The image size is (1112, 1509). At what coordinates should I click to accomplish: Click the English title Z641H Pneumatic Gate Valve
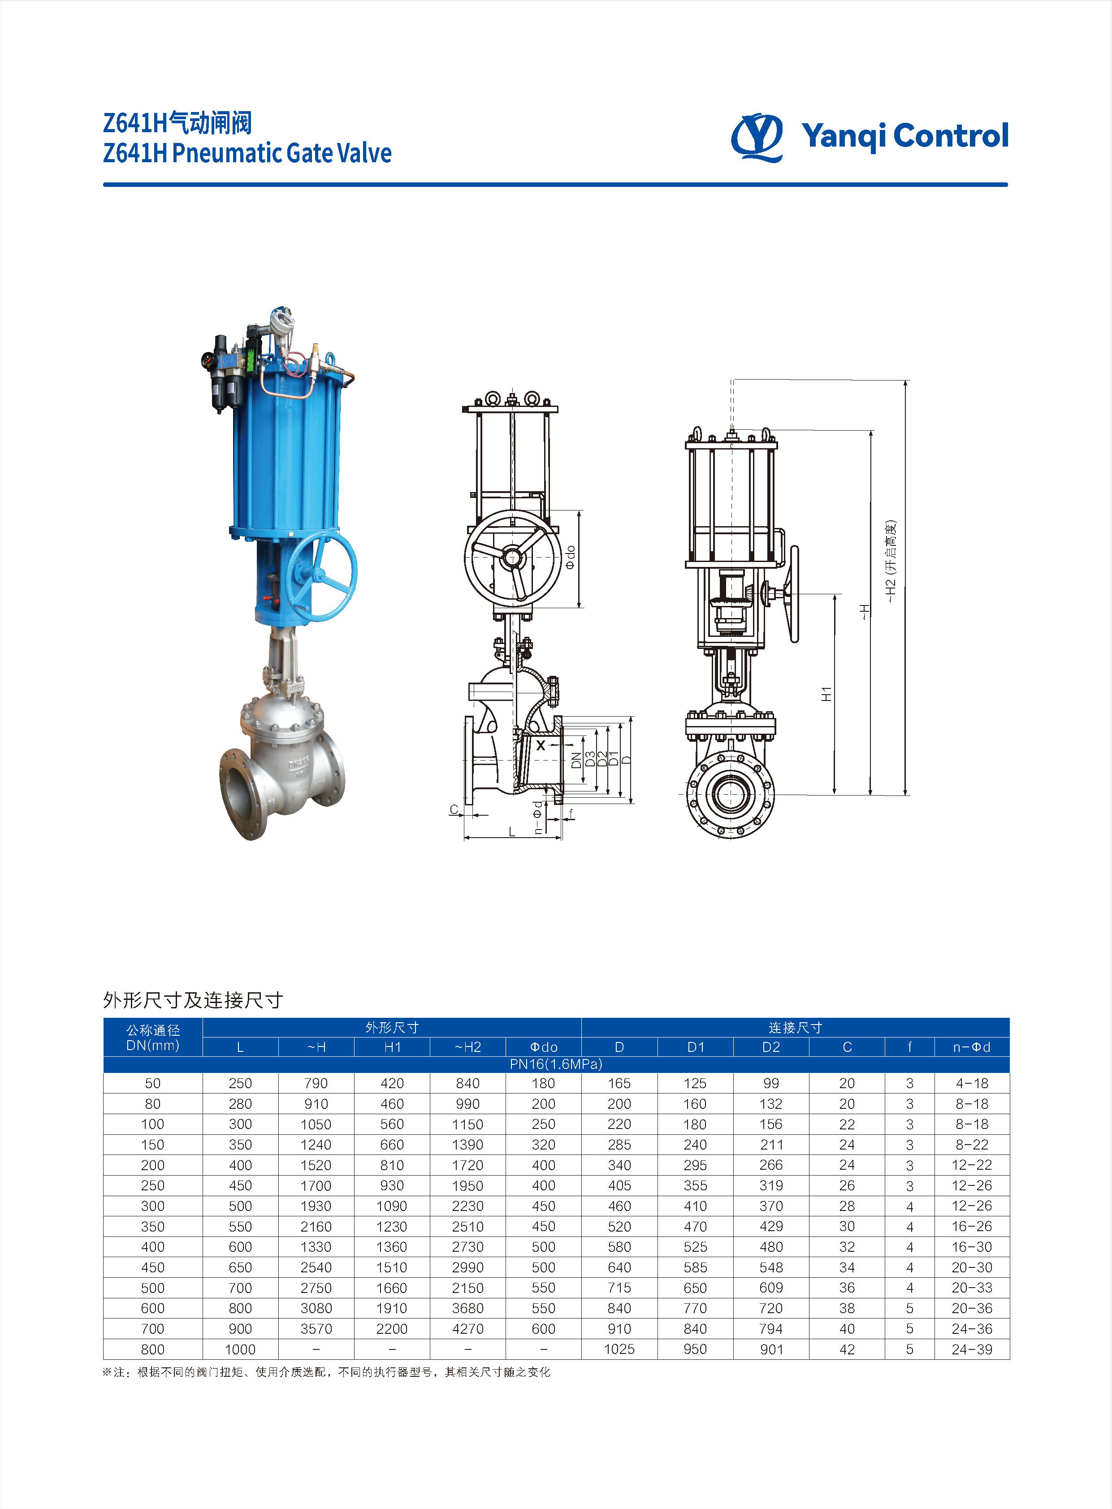click(x=247, y=153)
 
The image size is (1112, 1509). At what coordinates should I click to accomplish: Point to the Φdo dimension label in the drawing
click(x=571, y=557)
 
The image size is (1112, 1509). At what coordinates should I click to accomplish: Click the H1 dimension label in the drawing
click(x=826, y=694)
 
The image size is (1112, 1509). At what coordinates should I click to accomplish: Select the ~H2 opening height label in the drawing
click(x=891, y=561)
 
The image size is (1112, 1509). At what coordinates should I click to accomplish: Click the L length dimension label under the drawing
click(x=511, y=831)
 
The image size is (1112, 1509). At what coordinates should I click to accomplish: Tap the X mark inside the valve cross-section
click(x=541, y=745)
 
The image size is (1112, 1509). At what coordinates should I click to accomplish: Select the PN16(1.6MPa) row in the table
click(x=556, y=1064)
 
